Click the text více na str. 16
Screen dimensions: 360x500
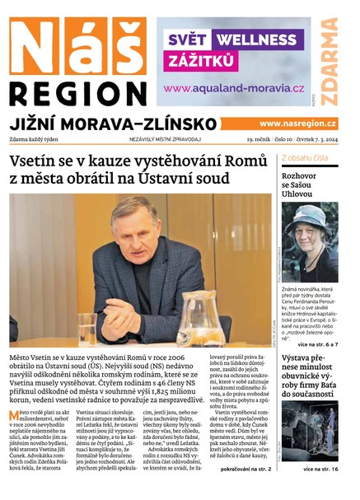click(319, 469)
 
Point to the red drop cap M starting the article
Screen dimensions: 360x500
click(14, 415)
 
